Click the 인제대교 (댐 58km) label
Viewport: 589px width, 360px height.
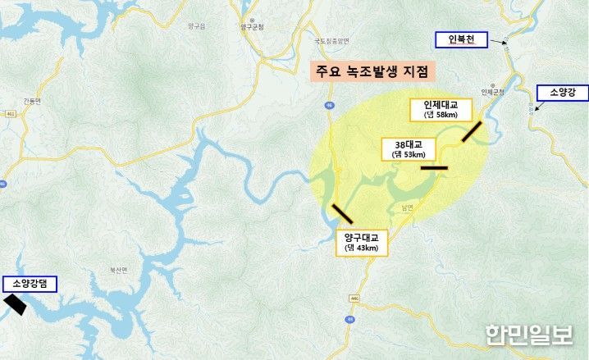click(x=441, y=109)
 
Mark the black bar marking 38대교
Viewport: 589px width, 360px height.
click(x=434, y=168)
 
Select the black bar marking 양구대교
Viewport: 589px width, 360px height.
click(x=341, y=212)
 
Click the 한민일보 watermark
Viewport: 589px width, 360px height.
click(x=529, y=335)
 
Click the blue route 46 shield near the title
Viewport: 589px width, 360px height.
click(x=329, y=105)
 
